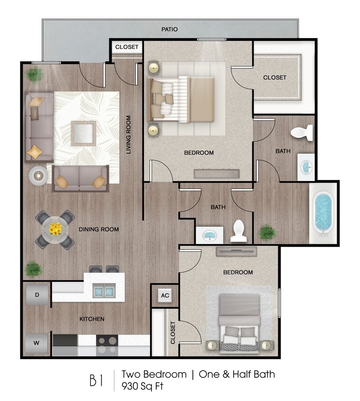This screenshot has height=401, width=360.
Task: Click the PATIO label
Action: [169, 29]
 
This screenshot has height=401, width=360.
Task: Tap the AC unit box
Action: [165, 296]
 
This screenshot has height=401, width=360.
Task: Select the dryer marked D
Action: [37, 295]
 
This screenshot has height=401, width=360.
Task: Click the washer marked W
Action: [37, 342]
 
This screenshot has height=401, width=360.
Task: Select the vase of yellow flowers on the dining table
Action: [55, 229]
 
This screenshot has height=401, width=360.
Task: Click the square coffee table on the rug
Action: [84, 134]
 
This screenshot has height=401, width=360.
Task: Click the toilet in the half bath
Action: [239, 231]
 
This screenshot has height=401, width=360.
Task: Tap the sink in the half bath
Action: [209, 235]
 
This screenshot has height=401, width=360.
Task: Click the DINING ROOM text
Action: [99, 229]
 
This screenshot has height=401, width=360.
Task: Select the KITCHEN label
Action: [92, 319]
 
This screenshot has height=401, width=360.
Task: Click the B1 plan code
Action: [96, 380]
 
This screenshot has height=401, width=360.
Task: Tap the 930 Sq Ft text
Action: [142, 386]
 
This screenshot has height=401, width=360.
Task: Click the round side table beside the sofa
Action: [38, 175]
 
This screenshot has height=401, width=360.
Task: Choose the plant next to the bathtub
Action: [268, 232]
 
